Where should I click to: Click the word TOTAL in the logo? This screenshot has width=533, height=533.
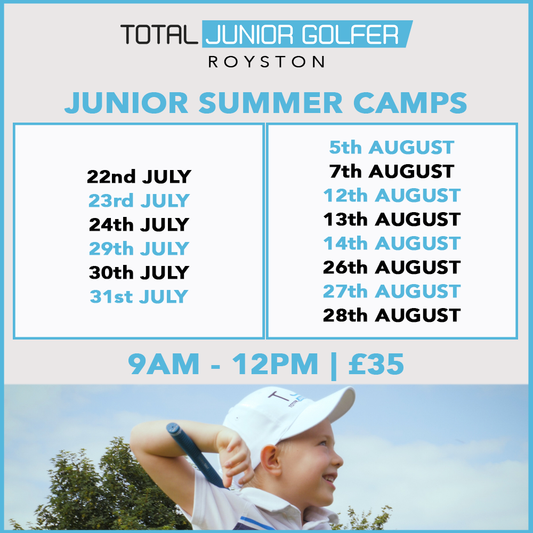(159, 34)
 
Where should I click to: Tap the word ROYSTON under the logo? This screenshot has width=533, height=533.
(266, 62)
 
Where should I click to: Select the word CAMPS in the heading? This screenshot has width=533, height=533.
(410, 103)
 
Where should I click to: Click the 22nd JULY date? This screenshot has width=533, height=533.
(139, 176)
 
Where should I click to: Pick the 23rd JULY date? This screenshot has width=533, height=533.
(139, 200)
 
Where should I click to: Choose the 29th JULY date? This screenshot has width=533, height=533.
(139, 248)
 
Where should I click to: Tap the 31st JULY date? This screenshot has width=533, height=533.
(139, 296)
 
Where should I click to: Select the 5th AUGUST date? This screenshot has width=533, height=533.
(392, 148)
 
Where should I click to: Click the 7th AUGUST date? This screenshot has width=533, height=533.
(392, 171)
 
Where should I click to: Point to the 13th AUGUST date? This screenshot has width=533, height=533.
(392, 219)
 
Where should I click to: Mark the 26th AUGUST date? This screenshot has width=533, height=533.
(392, 267)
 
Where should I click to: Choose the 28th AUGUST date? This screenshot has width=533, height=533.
(392, 316)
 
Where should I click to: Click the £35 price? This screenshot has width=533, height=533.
(376, 364)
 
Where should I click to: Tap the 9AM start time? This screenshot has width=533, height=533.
(164, 364)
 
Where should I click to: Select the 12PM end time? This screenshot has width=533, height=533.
(275, 364)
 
